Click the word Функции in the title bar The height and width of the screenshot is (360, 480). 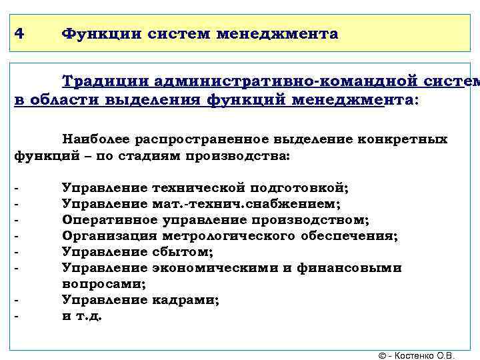98,33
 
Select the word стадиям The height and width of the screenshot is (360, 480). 157,157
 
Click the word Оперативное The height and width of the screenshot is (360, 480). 110,220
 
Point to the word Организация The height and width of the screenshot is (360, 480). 110,236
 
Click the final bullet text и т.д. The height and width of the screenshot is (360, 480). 82,316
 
